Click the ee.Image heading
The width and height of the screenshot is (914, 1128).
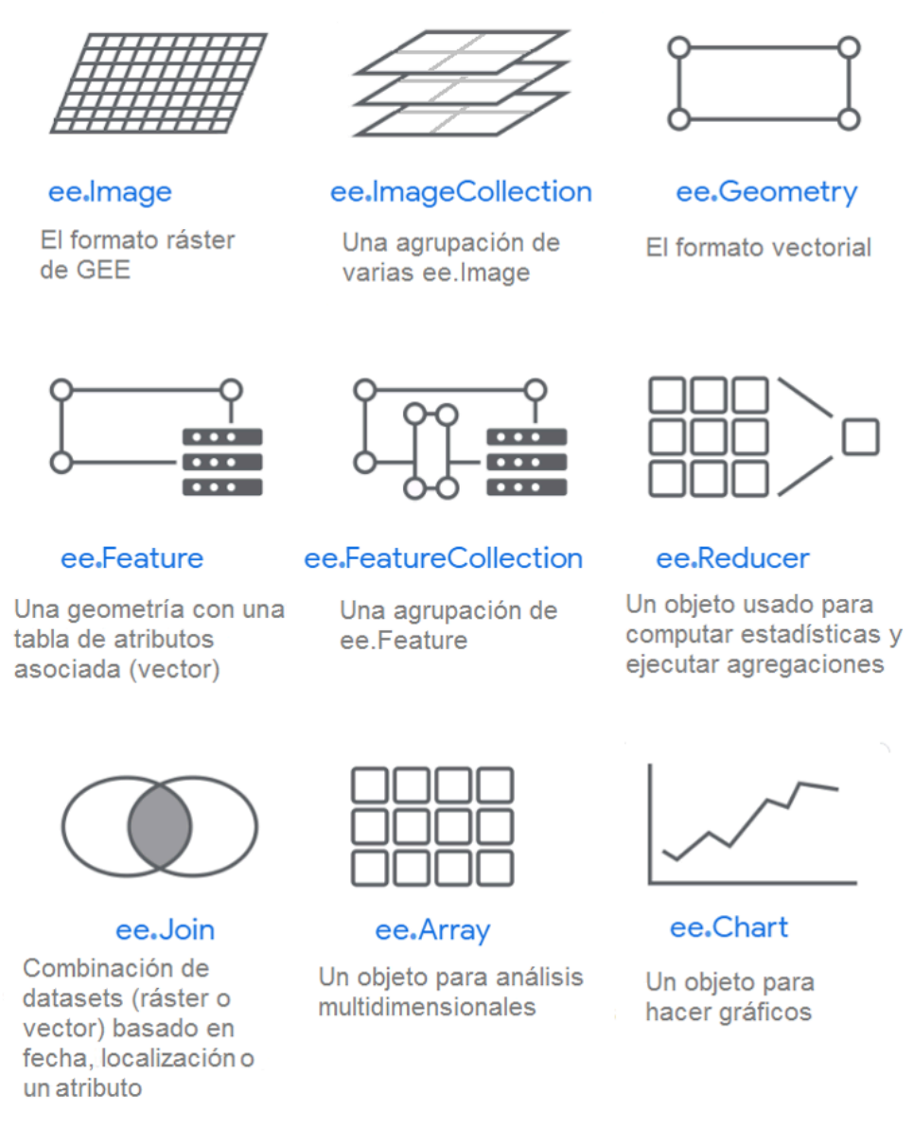click(110, 192)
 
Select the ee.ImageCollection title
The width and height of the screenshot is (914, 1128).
click(461, 192)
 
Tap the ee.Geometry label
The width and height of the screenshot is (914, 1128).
click(766, 192)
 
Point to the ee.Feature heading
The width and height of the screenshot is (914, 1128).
click(132, 558)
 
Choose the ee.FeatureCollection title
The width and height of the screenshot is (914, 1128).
click(444, 558)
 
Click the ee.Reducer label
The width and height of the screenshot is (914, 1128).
click(732, 558)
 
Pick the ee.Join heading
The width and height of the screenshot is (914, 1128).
click(166, 929)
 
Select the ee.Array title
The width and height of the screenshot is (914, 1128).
click(433, 930)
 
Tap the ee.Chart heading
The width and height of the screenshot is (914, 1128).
click(729, 927)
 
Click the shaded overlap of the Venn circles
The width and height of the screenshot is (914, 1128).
click(160, 826)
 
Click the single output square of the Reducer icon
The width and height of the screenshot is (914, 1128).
click(860, 436)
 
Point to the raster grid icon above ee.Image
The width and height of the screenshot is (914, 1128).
click(158, 82)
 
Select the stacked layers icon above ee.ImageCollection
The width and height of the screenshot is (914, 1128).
click(462, 82)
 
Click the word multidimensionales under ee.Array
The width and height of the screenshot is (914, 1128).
click(427, 1007)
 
